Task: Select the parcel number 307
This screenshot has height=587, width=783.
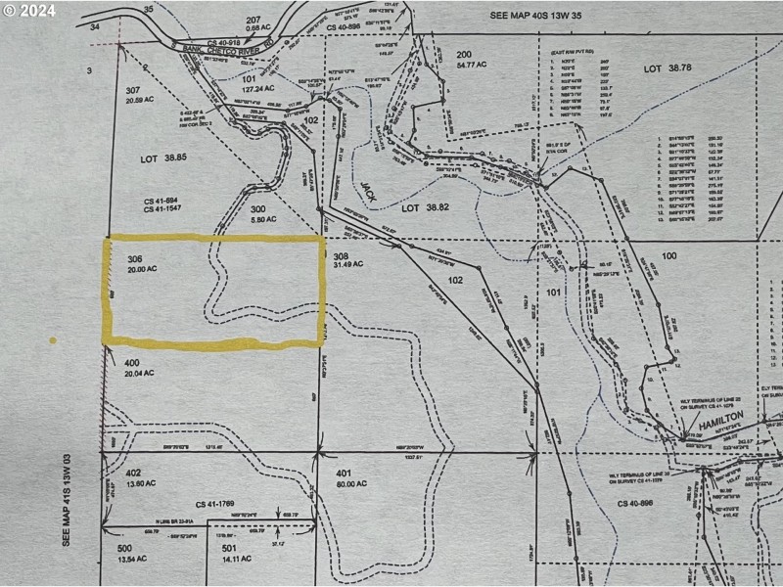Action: pyautogui.click(x=133, y=90)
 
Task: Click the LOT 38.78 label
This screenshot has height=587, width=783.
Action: pyautogui.click(x=667, y=68)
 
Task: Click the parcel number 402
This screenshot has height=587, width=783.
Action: pyautogui.click(x=133, y=473)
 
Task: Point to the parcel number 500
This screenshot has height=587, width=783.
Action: pyautogui.click(x=124, y=549)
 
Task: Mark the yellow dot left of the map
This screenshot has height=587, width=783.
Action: pyautogui.click(x=52, y=340)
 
